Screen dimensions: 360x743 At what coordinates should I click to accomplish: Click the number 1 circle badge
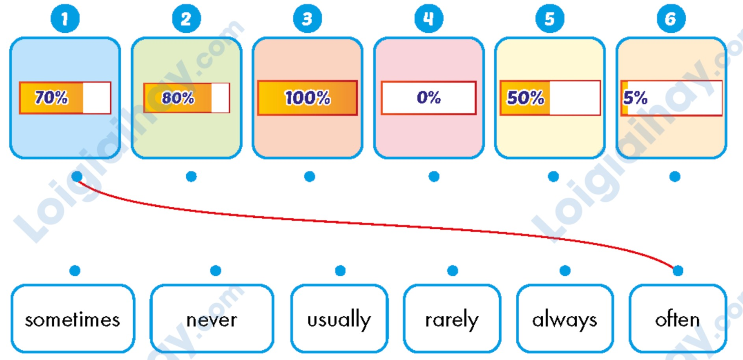coord(65,19)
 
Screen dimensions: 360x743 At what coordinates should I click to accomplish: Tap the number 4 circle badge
coord(429,19)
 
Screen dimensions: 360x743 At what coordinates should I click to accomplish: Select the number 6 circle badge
coord(671,19)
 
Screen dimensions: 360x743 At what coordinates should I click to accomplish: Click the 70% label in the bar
coord(51,98)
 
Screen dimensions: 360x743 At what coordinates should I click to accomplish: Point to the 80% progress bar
coord(186,98)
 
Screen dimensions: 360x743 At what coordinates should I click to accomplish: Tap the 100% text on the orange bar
coord(307,98)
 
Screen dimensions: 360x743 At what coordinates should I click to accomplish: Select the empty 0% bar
coord(429,98)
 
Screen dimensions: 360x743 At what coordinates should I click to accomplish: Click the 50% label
coord(525,98)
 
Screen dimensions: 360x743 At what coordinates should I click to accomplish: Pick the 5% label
coord(635,98)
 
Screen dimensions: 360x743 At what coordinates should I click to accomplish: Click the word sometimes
coord(72,319)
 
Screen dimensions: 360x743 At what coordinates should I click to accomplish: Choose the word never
coord(212,319)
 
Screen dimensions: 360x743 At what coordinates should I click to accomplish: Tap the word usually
coord(339,319)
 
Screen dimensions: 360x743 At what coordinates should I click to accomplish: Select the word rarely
coord(452,319)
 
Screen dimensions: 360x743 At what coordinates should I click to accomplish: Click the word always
coord(565,319)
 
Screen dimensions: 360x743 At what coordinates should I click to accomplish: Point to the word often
coord(677,319)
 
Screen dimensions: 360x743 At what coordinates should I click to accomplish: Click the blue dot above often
coord(678,271)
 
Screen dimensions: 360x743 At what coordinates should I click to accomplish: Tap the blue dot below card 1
coord(77,176)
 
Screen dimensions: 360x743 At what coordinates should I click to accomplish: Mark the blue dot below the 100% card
coord(310,176)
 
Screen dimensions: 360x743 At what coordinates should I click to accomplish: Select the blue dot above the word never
coord(215,271)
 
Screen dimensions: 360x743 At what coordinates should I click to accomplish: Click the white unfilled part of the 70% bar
coord(97,98)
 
